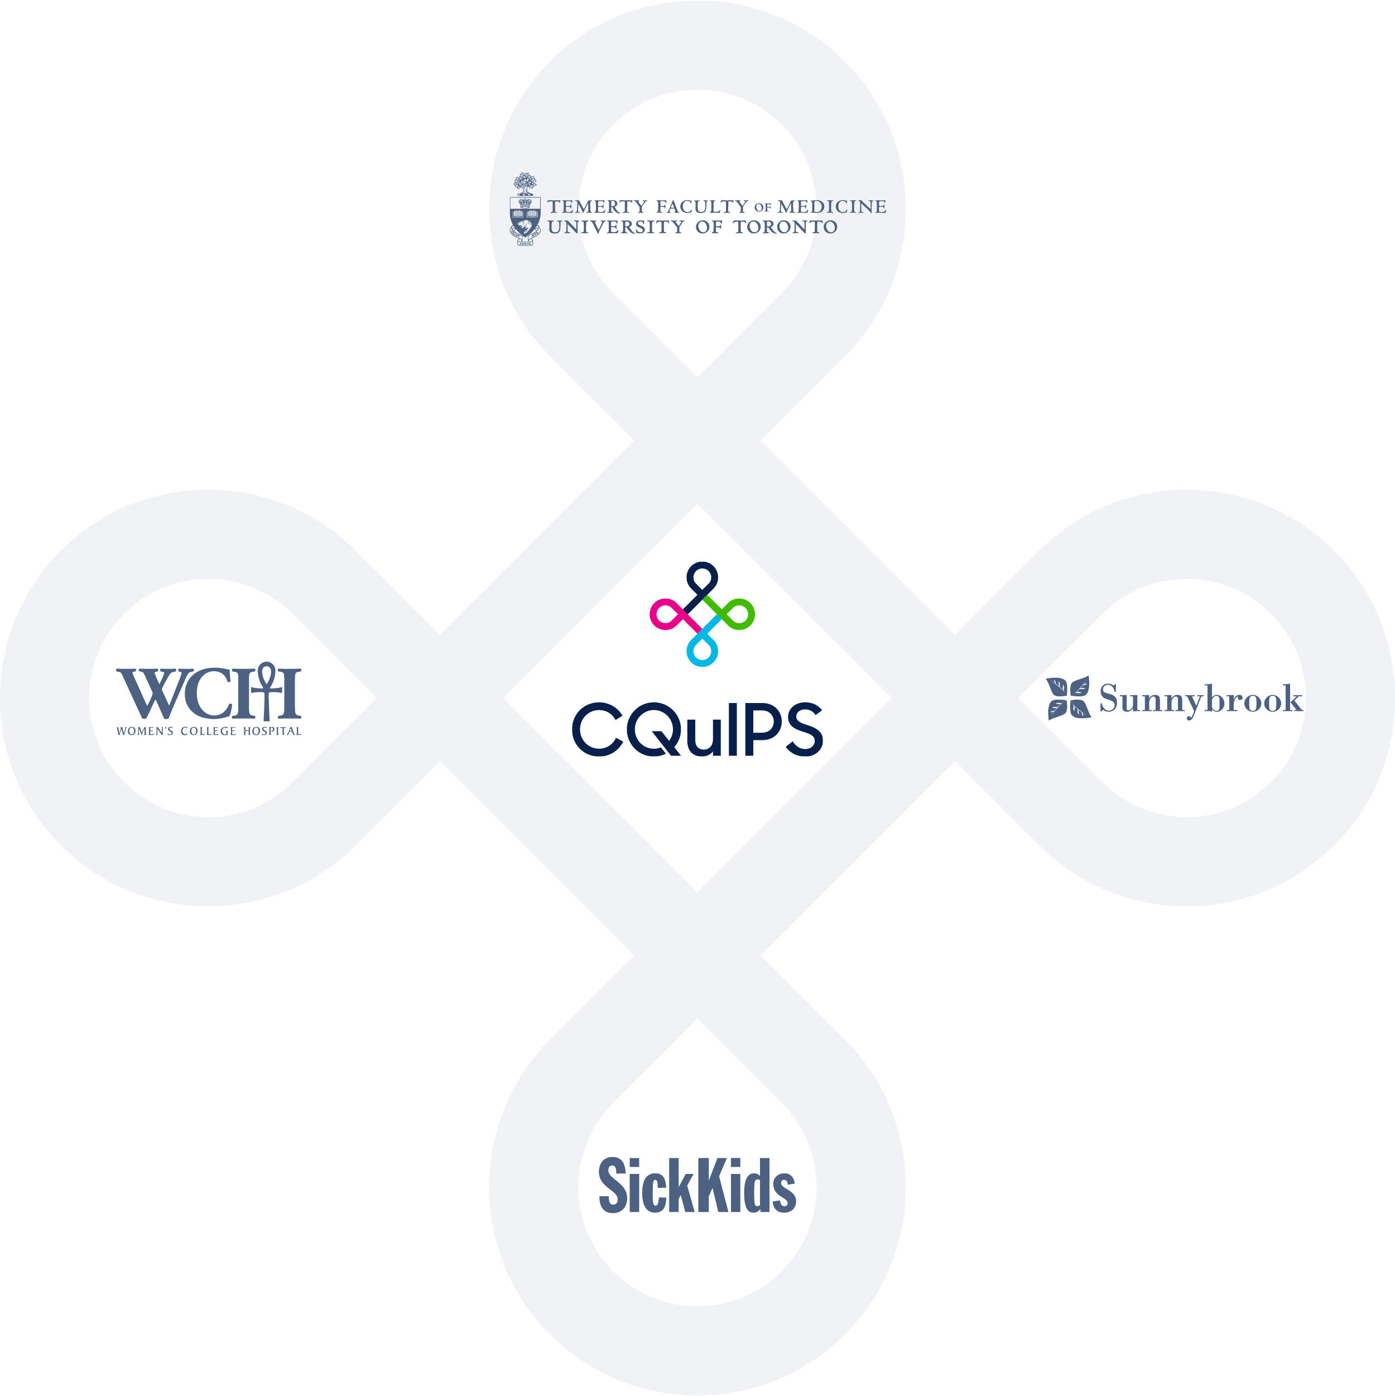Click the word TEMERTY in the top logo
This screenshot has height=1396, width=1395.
(x=597, y=206)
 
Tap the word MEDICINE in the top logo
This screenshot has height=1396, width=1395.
(x=832, y=206)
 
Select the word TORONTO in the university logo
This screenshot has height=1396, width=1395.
(x=786, y=227)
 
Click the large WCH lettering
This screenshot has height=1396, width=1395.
(x=209, y=691)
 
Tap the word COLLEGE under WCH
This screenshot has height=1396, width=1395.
(x=208, y=731)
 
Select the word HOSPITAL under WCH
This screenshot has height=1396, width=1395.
(x=272, y=731)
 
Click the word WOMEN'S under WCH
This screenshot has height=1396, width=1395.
(x=145, y=731)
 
